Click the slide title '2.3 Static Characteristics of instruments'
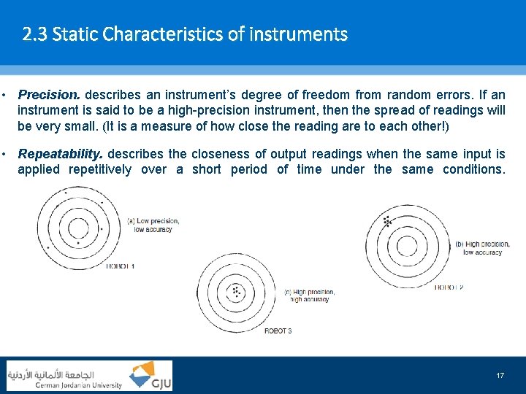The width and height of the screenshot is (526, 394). pyautogui.click(x=185, y=34)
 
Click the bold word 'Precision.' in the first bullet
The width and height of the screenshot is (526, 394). pyautogui.click(x=50, y=95)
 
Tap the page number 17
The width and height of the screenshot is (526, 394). pyautogui.click(x=500, y=375)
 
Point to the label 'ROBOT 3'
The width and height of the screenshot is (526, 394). pyautogui.click(x=278, y=331)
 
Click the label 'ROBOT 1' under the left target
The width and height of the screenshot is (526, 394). pyautogui.click(x=120, y=266)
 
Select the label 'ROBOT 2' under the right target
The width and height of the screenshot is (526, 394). pyautogui.click(x=449, y=287)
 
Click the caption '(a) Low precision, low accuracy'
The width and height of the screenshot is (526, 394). pyautogui.click(x=153, y=225)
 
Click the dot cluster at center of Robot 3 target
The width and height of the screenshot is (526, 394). pyautogui.click(x=236, y=291)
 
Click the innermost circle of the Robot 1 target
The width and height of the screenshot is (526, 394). pyautogui.click(x=80, y=228)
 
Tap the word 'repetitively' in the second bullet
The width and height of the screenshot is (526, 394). pyautogui.click(x=100, y=169)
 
